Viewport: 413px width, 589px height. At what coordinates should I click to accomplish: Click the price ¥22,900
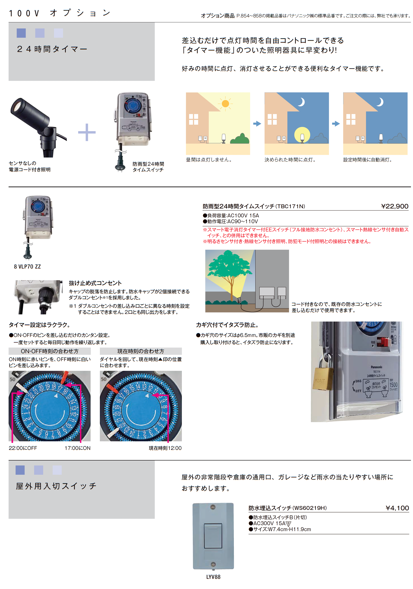click(x=394, y=206)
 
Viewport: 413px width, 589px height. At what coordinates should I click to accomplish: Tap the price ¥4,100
click(x=397, y=508)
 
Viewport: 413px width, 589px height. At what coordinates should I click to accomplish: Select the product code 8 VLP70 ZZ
click(x=27, y=266)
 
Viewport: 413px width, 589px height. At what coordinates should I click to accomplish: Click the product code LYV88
click(x=213, y=577)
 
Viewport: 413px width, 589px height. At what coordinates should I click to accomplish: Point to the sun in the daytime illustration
click(x=225, y=104)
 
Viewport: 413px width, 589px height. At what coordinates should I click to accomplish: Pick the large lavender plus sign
click(x=87, y=132)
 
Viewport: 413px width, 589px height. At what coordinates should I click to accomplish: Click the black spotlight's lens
click(x=16, y=106)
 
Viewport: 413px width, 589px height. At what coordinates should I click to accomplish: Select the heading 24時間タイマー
click(x=52, y=49)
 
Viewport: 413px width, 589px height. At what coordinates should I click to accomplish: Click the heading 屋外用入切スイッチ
click(x=56, y=486)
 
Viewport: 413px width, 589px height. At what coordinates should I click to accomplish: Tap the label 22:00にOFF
click(x=23, y=448)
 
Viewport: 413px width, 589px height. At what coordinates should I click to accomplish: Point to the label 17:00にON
click(x=77, y=448)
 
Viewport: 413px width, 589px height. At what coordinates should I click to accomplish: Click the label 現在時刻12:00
click(x=165, y=448)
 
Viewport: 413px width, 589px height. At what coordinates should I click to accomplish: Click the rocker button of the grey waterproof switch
click(x=213, y=536)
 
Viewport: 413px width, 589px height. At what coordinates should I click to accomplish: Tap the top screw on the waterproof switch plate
click(x=213, y=507)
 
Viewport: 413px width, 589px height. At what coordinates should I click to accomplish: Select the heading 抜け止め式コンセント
click(x=95, y=283)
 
